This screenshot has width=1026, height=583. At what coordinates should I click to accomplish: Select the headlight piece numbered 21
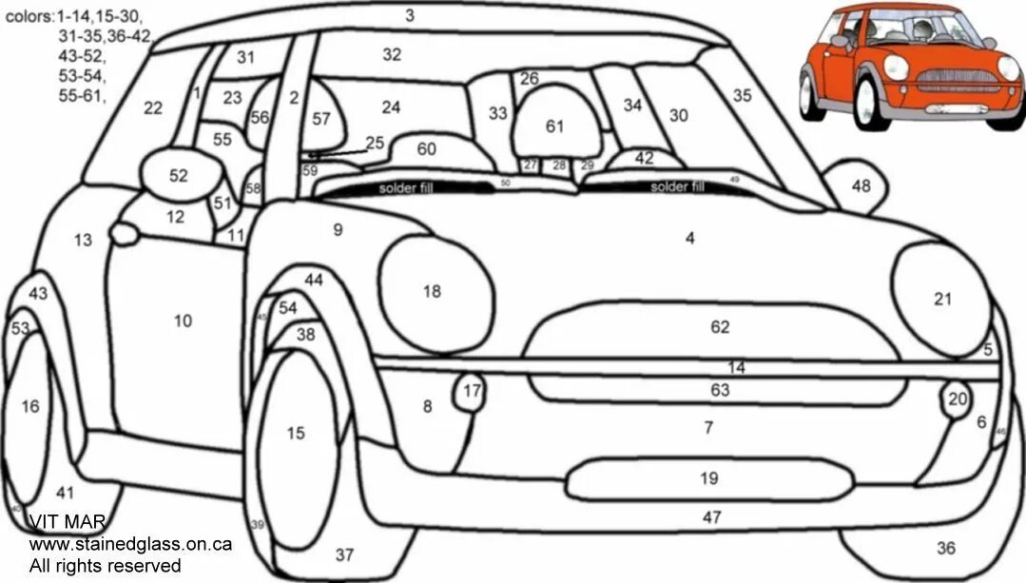tap(939, 298)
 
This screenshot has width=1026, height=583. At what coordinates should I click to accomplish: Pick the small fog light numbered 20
tap(957, 399)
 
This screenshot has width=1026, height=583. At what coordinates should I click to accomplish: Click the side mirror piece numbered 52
tap(178, 175)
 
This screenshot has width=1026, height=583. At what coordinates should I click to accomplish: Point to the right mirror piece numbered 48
tap(860, 185)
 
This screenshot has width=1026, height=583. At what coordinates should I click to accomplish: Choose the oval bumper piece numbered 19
tap(708, 477)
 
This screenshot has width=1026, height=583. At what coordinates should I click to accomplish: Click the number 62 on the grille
tap(720, 327)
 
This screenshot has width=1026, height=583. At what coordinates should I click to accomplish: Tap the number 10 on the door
tap(183, 321)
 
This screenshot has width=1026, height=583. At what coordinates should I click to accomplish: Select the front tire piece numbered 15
tap(296, 434)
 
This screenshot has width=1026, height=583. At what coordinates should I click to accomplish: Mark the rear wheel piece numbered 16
tap(30, 407)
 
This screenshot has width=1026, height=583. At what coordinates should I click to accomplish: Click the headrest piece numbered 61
tap(555, 126)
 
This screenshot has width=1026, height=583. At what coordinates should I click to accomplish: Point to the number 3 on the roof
tap(409, 15)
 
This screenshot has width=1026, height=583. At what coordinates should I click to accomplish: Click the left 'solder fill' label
tap(405, 188)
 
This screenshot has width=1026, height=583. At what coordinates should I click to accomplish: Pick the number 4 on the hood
tap(690, 238)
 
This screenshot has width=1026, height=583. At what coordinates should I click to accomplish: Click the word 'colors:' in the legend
tap(29, 16)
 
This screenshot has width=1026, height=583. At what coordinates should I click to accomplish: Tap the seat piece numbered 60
tap(426, 149)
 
